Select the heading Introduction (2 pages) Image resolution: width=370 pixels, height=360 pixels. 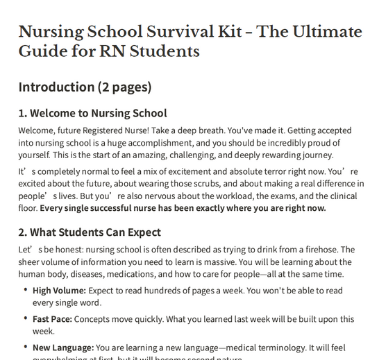[x=85, y=87]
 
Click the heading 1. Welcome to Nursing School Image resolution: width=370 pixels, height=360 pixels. [x=92, y=113]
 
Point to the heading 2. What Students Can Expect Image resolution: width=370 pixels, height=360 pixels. [x=90, y=232]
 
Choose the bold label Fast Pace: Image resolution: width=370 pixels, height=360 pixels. [x=52, y=318]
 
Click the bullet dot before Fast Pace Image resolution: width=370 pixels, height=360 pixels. [x=26, y=318]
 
